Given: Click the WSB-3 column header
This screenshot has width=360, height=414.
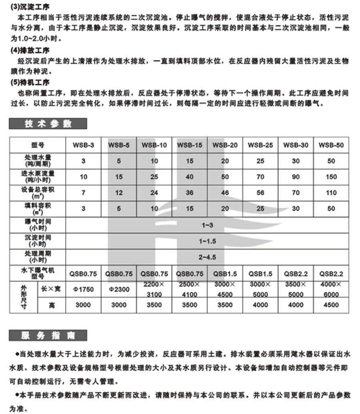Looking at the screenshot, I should point(84,145).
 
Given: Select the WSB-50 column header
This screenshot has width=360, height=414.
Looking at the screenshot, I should point(331,145).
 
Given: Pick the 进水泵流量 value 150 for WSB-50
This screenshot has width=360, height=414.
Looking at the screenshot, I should point(331,177).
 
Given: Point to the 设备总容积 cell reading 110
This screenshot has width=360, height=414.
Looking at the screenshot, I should point(331,193).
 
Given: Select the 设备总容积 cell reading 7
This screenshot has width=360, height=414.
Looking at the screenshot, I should point(84,193).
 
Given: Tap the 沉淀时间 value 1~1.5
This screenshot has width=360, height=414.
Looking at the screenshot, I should point(208,241).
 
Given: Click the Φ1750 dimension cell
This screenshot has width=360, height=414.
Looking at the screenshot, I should point(84,289).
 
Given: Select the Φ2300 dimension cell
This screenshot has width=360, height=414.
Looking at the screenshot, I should point(118,289).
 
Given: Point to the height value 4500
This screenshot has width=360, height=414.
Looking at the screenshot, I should point(331,305).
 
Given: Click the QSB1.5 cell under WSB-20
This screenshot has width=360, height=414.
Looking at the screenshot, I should point(225,274).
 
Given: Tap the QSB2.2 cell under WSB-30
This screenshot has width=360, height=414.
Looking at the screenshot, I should point(296,274).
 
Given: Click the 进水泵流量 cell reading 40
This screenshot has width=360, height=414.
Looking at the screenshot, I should point(190,177).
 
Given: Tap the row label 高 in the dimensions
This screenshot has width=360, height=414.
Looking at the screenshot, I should point(51,305).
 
